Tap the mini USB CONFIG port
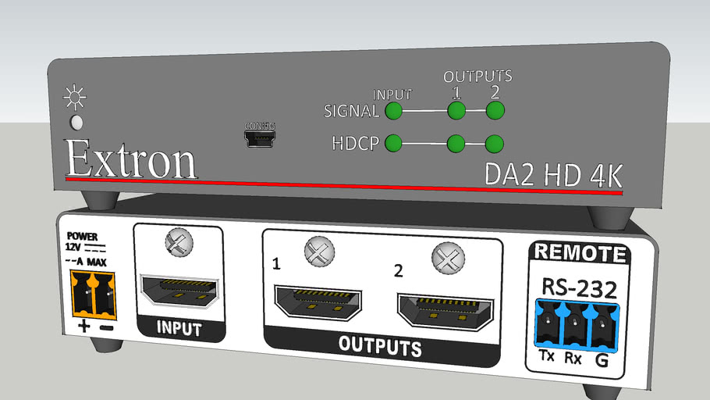click(260, 139)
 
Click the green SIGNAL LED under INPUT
click(394, 111)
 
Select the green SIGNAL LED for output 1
click(456, 111)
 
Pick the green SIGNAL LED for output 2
click(495, 111)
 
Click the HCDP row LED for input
click(394, 143)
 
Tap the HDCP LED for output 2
click(495, 144)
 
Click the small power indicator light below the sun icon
click(76, 123)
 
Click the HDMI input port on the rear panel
click(179, 291)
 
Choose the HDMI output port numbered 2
click(443, 311)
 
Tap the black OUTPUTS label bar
click(380, 346)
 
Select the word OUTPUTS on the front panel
click(477, 77)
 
